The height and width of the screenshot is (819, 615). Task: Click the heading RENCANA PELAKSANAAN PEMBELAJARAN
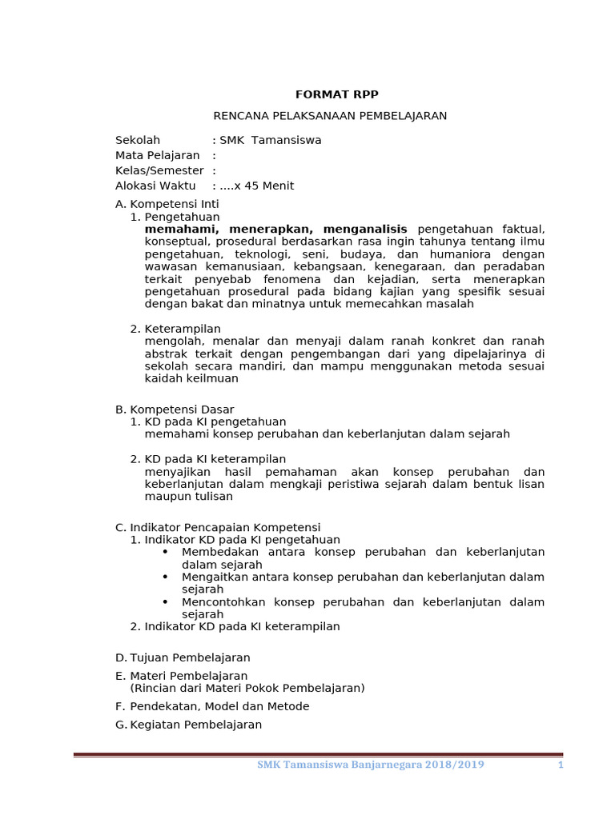click(330, 116)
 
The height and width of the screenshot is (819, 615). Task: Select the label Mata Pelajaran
click(157, 155)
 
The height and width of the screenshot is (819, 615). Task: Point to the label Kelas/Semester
click(159, 170)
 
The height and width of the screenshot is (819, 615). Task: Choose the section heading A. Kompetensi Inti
click(167, 204)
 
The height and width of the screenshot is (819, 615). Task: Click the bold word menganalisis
click(365, 229)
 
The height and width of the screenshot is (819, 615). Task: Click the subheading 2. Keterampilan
click(175, 329)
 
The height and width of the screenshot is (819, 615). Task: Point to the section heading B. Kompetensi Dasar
click(175, 409)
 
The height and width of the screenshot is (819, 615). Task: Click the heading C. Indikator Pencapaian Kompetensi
click(218, 527)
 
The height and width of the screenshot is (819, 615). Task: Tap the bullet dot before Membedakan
click(165, 552)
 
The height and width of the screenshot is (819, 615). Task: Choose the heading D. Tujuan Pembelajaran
click(183, 657)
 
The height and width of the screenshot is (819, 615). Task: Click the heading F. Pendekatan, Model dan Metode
click(212, 706)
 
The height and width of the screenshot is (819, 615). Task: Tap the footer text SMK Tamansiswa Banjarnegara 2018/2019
click(370, 765)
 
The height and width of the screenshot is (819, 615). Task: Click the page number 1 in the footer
click(561, 765)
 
